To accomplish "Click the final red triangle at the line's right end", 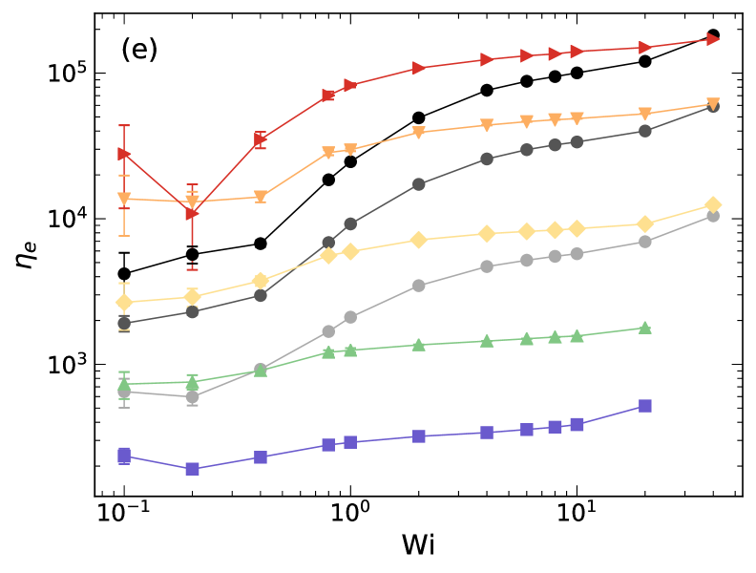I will pos(713,39).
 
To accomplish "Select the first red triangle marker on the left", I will pos(124,153).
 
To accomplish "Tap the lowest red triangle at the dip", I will pos(192,214).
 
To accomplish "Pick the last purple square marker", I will pos(645,406).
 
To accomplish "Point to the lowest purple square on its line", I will pos(192,469).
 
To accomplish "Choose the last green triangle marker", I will pos(645,328).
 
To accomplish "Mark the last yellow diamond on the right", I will pos(713,204).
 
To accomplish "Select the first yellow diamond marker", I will pos(124,302).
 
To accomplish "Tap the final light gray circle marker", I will pos(713,216).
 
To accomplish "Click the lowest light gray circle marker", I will pos(192,397).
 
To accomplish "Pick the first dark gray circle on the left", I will pos(124,323).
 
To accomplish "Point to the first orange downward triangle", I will pos(124,199).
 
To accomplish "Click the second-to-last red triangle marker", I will pos(645,48).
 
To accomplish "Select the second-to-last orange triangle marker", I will pos(645,114).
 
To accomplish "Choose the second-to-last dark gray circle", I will pos(645,131).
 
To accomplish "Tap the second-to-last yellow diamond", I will pos(645,224).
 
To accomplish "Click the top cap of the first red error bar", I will pos(124,126).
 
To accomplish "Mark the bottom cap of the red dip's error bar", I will pos(192,269).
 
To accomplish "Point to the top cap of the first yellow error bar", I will pos(124,284).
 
